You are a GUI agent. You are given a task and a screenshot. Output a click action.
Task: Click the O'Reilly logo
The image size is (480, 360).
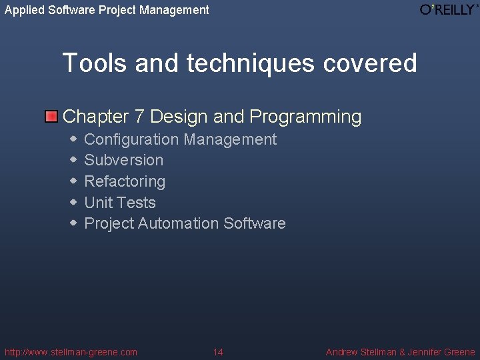tap(449, 9)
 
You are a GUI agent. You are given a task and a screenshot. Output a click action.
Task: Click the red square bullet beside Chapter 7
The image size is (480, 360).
tap(51, 117)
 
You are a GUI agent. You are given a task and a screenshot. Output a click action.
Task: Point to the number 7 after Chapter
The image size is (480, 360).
tap(139, 117)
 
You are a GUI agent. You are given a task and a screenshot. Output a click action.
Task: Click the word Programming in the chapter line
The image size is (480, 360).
tap(305, 117)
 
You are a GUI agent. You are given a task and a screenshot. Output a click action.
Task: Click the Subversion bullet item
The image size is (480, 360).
tap(124, 160)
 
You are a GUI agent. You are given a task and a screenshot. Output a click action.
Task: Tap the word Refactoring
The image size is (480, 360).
tap(125, 181)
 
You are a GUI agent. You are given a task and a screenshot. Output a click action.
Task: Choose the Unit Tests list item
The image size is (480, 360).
tap(120, 203)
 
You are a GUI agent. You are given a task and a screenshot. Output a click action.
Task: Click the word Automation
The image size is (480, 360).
tap(179, 223)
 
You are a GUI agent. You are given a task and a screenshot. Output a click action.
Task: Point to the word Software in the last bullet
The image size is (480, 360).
tap(255, 223)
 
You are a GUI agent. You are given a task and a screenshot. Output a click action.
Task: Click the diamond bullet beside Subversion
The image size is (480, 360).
tap(73, 160)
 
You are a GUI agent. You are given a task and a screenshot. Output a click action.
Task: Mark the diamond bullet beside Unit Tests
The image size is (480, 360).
tap(73, 203)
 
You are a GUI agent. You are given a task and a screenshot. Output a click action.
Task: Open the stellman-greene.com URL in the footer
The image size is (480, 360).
tap(71, 352)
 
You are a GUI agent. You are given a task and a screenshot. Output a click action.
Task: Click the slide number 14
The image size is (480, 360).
tap(218, 352)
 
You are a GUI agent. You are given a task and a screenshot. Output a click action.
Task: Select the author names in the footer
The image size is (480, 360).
tap(400, 352)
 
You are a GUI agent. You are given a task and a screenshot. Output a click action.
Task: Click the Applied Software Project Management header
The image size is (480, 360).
tap(107, 9)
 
